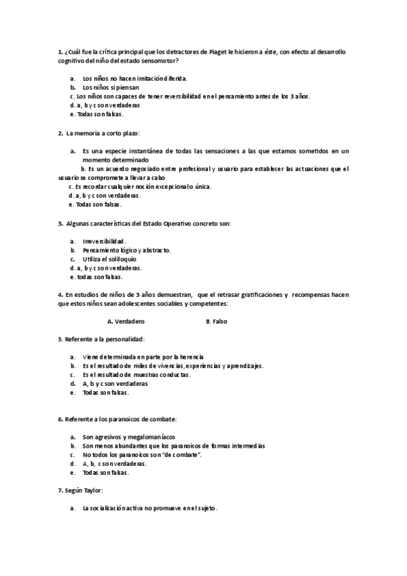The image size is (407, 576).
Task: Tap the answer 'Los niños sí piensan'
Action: pyautogui.click(x=111, y=88)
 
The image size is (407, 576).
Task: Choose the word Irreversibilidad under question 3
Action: pyautogui.click(x=104, y=241)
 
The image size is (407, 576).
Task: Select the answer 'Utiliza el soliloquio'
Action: pyautogui.click(x=109, y=259)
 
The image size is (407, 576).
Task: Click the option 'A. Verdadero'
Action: pyautogui.click(x=126, y=321)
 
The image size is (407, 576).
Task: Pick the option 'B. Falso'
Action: pyautogui.click(x=216, y=321)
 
